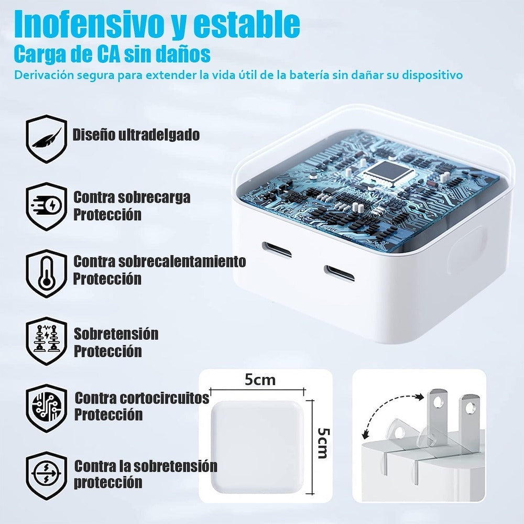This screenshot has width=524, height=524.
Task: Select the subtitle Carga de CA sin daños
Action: tap(113, 54)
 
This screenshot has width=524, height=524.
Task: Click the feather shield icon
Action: tap(47, 138)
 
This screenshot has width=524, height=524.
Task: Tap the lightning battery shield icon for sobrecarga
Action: tap(47, 206)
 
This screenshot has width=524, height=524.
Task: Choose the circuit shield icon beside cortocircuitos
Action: tap(47, 407)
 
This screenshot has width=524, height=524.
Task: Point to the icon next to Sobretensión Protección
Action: tap(47, 340)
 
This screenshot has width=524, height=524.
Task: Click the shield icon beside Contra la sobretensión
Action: tap(47, 475)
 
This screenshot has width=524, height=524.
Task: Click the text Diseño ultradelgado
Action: tap(136, 135)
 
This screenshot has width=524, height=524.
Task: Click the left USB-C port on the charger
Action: tap(277, 249)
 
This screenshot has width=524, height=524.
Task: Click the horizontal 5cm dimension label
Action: tap(260, 379)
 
